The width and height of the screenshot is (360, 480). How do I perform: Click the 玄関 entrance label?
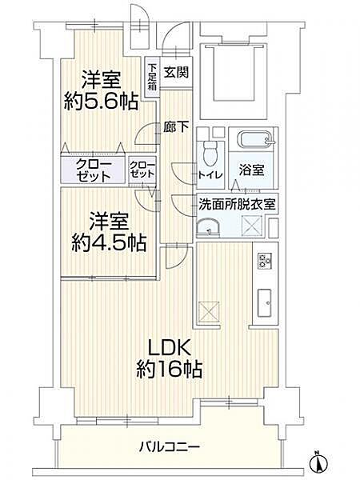[176, 71]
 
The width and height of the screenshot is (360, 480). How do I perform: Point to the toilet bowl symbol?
[209, 150]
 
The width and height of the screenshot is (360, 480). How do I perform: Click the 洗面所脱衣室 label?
[238, 203]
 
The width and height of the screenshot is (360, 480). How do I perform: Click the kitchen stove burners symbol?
[265, 260]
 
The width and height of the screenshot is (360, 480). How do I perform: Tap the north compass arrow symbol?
[318, 461]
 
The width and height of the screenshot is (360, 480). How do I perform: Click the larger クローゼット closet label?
[94, 170]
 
